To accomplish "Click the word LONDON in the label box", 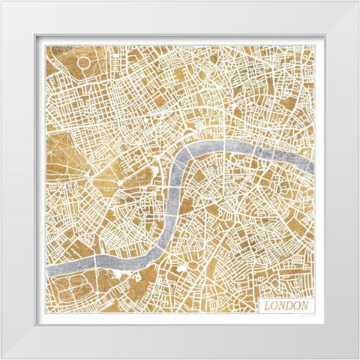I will [x=286, y=306].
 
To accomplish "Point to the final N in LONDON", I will [x=306, y=306].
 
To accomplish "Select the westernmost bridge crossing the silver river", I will [x=96, y=262].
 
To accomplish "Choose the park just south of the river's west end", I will [x=75, y=289].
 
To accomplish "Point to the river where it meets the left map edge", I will [x=47, y=268].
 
